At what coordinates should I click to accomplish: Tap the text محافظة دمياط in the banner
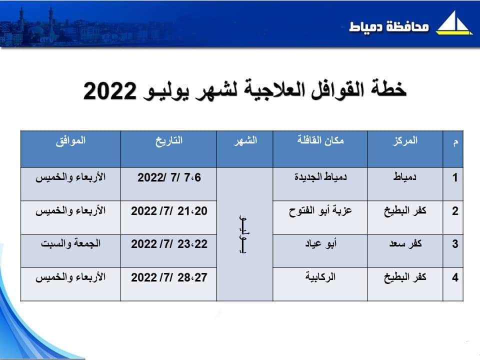(389, 26)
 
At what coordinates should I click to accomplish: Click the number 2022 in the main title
(110, 91)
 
